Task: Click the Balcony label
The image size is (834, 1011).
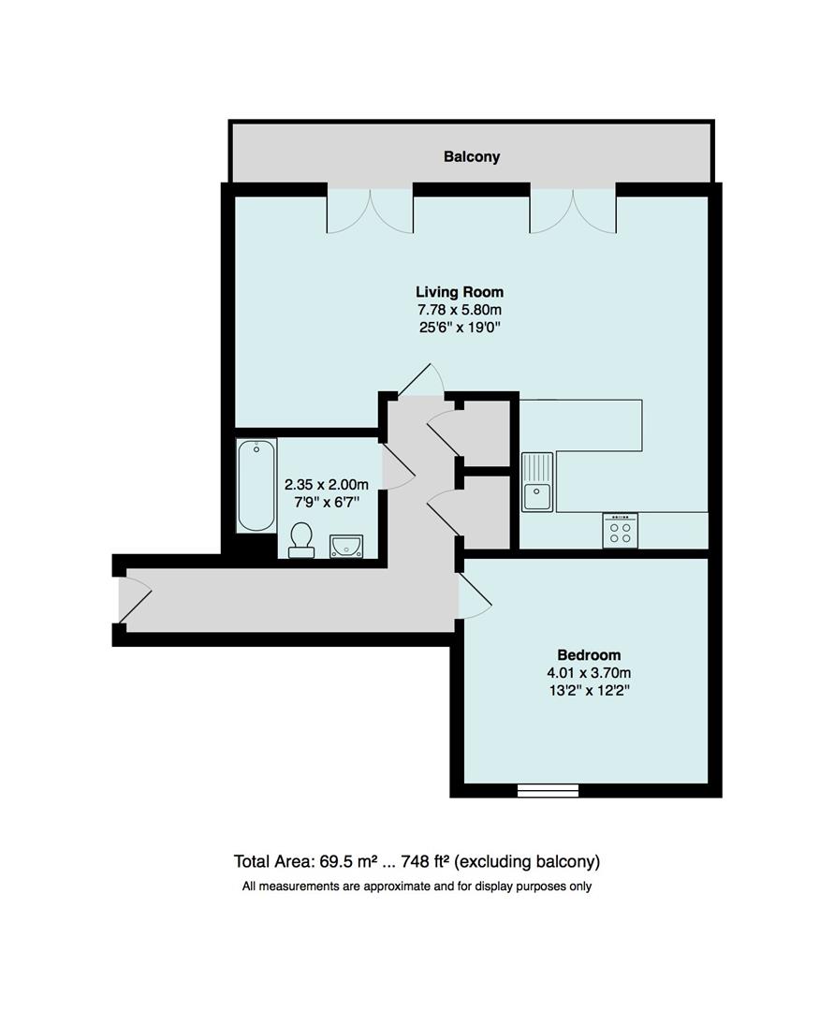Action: pyautogui.click(x=472, y=157)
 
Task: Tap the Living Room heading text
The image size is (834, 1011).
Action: pyautogui.click(x=460, y=292)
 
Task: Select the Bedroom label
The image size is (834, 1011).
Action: pyautogui.click(x=589, y=655)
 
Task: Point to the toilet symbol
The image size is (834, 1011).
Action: pyautogui.click(x=301, y=540)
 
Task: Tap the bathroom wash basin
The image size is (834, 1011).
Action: pyautogui.click(x=346, y=545)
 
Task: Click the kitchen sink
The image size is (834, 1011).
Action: pyautogui.click(x=537, y=482)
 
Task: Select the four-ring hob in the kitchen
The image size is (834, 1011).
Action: pyautogui.click(x=620, y=531)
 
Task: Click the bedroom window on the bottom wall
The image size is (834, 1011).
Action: pyautogui.click(x=548, y=791)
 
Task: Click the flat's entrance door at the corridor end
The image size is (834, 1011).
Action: pyautogui.click(x=134, y=601)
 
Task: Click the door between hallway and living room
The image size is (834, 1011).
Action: pyautogui.click(x=420, y=379)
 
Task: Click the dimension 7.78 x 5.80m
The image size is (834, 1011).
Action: pyautogui.click(x=460, y=310)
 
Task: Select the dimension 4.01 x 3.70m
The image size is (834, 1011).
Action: pyautogui.click(x=589, y=673)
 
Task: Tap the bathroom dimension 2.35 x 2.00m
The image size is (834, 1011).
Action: pyautogui.click(x=327, y=485)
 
